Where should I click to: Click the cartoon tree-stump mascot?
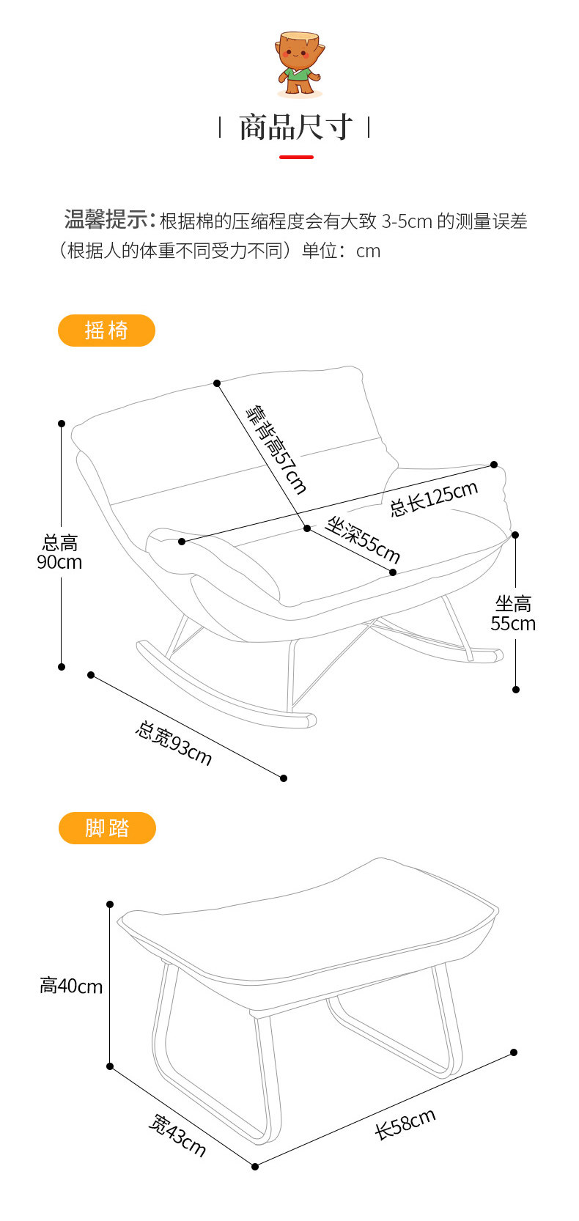(298, 64)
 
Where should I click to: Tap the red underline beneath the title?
(296, 157)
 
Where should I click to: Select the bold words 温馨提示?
(106, 219)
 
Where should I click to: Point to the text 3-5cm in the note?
(407, 221)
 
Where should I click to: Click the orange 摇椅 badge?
(106, 331)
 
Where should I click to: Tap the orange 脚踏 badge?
(107, 828)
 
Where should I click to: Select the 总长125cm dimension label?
(433, 498)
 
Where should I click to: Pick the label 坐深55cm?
(362, 539)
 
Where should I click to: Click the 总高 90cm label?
(59, 553)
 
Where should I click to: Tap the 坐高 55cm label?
(513, 613)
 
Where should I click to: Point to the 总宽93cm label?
(174, 743)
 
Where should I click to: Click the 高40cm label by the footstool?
(71, 986)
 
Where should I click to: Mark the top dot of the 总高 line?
(62, 424)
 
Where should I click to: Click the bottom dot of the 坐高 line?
(516, 690)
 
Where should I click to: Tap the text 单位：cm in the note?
(341, 251)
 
